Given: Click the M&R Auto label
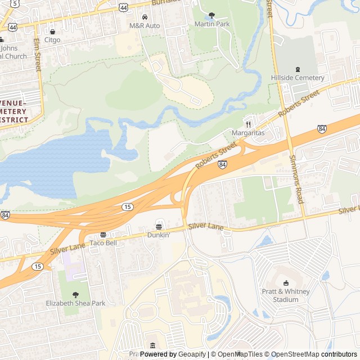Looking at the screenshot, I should click(x=145, y=26).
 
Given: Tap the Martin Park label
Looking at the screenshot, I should click(x=212, y=24).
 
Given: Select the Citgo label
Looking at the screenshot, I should click(x=52, y=40).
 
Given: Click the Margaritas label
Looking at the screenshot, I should click(x=248, y=133).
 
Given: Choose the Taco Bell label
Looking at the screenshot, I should click(x=103, y=243).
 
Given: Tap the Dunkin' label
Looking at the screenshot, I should click(x=159, y=235).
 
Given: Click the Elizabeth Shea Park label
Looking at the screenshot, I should click(x=75, y=303).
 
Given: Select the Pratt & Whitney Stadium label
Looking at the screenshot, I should click(x=286, y=295).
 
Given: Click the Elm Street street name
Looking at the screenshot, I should click(x=37, y=55).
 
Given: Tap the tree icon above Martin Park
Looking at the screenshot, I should click(x=212, y=16).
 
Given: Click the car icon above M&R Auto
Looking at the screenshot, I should click(x=145, y=17).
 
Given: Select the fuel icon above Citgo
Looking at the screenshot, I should click(x=52, y=31).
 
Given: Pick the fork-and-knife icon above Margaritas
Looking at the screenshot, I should click(x=248, y=124).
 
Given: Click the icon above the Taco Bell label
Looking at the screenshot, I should click(x=103, y=235).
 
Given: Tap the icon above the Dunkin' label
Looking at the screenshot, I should click(x=159, y=226).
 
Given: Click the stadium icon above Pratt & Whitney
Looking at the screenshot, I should click(x=286, y=283).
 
